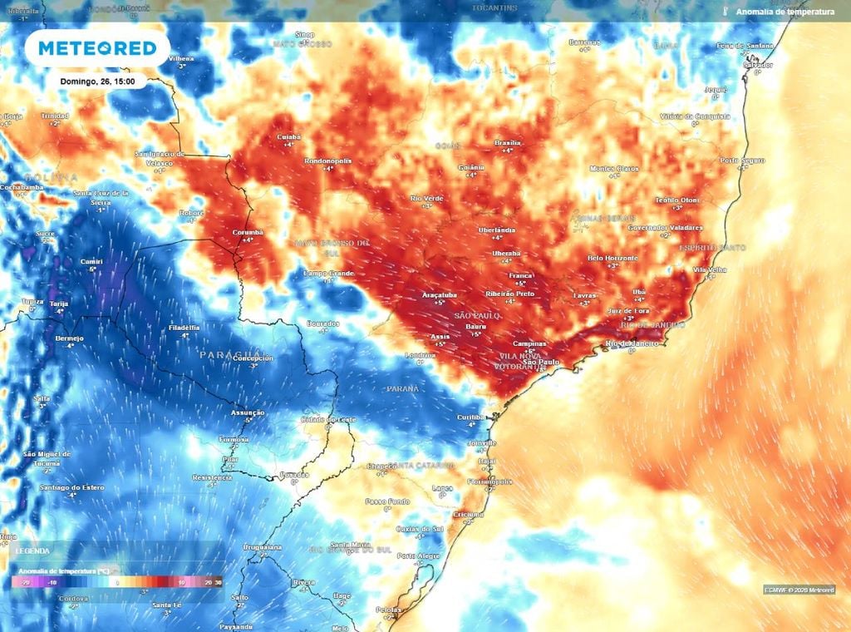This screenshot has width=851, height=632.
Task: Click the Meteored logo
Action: click(x=96, y=48)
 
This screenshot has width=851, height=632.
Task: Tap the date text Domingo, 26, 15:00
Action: click(x=97, y=81)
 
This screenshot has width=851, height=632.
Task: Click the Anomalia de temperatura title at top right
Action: click(x=784, y=12)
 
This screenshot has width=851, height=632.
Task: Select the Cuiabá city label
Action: click(x=288, y=136)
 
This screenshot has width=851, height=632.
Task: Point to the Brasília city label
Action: click(x=507, y=142)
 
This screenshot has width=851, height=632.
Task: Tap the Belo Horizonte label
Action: click(x=612, y=258)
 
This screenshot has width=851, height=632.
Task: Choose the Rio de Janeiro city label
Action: click(x=632, y=343)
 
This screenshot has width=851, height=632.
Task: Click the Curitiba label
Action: click(x=471, y=417)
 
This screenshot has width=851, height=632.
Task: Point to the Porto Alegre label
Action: click(x=418, y=555)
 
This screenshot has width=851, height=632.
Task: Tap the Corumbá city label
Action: click(x=248, y=232)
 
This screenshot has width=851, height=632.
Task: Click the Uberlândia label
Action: click(x=497, y=230)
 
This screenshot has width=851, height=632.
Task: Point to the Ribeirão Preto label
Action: click(x=509, y=294)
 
